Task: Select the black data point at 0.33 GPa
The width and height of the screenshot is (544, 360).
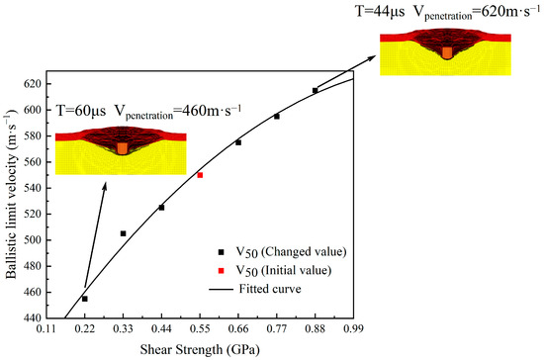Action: [x=124, y=233]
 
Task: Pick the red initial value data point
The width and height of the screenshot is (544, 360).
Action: [x=200, y=175]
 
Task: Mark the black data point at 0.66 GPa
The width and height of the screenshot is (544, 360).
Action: [x=238, y=142]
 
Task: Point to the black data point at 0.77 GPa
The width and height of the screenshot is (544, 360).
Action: [x=277, y=117]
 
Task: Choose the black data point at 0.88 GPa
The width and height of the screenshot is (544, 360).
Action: [x=315, y=91]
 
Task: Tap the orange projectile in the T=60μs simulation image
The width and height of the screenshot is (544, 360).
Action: [x=122, y=147]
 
